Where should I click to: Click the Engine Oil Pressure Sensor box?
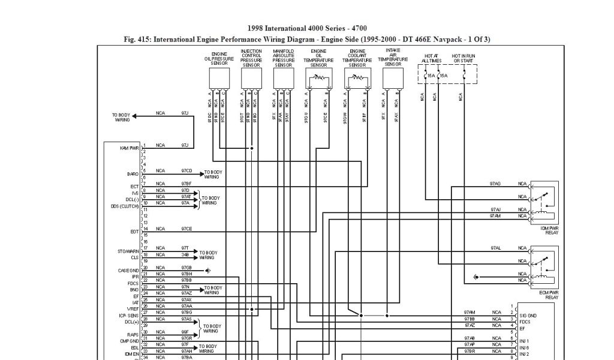(219, 77)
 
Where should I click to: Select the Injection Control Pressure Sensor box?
(252, 77)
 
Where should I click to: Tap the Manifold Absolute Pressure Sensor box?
(284, 77)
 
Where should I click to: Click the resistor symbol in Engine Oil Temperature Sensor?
(318, 77)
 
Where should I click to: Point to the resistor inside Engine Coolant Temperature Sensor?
(357, 77)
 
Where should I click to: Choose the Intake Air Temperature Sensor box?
(393, 77)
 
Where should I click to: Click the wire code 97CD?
(186, 171)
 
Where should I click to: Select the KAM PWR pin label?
(130, 147)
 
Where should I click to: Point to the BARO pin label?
(133, 174)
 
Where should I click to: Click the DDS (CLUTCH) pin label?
(125, 206)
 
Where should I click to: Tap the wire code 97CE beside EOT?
(186, 229)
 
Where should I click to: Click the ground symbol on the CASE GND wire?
(207, 271)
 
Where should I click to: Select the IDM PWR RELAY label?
(549, 230)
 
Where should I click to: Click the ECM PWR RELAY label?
(549, 295)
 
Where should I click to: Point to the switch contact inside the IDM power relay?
(544, 196)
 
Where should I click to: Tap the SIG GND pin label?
(528, 315)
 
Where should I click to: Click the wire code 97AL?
(496, 248)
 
